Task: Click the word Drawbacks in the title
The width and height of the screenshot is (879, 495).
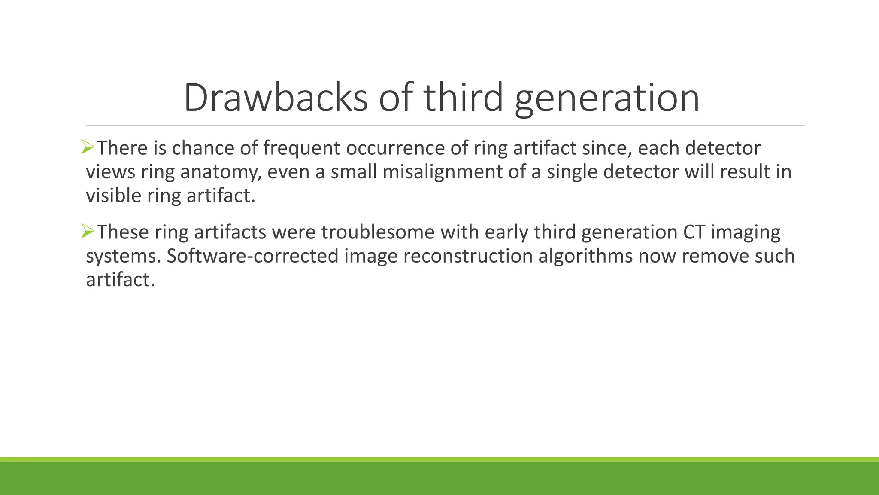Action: [276, 98]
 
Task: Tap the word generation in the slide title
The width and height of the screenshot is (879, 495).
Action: [607, 98]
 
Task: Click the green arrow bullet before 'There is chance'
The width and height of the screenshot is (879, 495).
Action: [88, 147]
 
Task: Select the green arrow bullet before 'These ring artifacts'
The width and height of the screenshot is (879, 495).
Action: [88, 232]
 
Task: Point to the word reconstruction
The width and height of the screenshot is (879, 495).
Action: [468, 256]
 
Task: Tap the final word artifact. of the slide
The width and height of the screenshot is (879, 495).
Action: [120, 280]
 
